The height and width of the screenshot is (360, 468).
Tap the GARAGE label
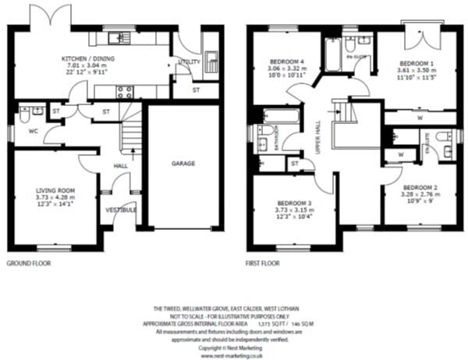pyautogui.click(x=183, y=164)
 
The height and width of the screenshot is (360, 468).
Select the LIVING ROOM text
pyautogui.click(x=54, y=189)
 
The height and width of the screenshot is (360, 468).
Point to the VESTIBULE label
pyautogui.click(x=122, y=210)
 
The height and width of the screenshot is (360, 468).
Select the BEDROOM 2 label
pyautogui.click(x=419, y=189)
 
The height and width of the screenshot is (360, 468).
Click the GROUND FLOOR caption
pyautogui.click(x=29, y=264)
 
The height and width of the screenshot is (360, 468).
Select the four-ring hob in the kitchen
pyautogui.click(x=125, y=92)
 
